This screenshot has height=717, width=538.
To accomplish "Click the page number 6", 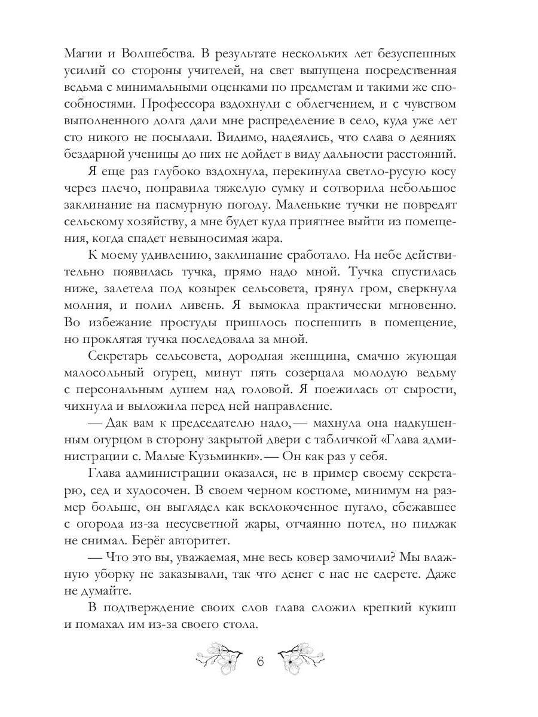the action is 259,662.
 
